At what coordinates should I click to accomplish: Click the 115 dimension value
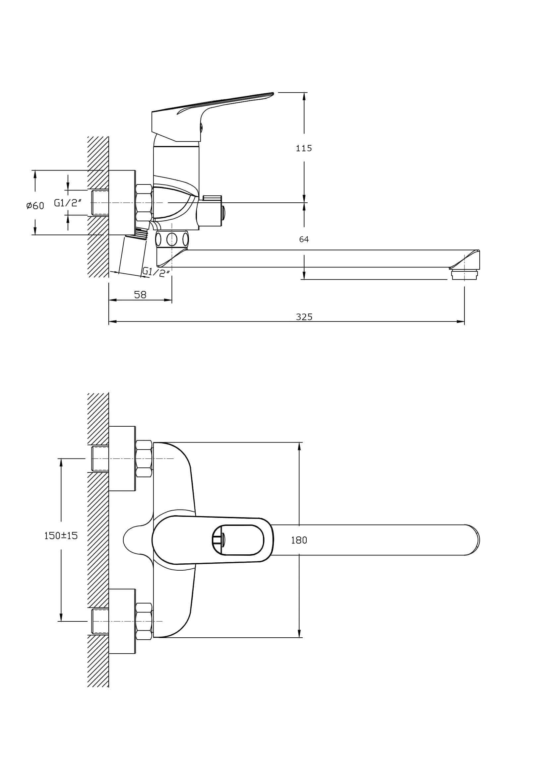coord(304,148)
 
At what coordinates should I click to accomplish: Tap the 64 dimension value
coord(304,239)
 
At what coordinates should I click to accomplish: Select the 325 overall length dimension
coord(304,317)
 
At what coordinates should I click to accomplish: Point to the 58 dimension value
coord(140,295)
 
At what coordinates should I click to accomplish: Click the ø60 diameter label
coord(35,205)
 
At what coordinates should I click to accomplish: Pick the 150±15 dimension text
coord(61,535)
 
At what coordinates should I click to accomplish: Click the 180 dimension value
coord(299,540)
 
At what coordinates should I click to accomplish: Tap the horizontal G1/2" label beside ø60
coord(68,203)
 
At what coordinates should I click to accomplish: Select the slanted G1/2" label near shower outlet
coord(156,272)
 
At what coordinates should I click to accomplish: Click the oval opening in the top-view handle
coord(238,540)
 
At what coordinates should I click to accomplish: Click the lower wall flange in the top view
coord(122,621)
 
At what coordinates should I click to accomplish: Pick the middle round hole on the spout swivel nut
coord(172,239)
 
